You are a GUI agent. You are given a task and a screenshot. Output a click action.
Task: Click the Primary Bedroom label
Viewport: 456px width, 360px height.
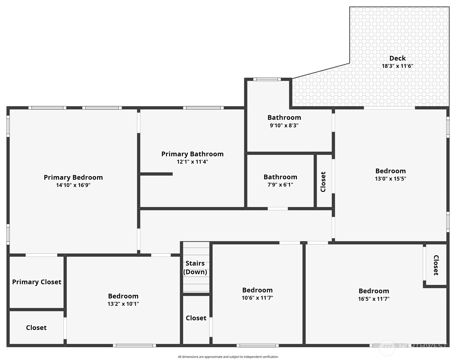pyautogui.click(x=73, y=177)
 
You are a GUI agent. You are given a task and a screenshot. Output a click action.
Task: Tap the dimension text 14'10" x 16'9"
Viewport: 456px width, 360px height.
pyautogui.click(x=73, y=185)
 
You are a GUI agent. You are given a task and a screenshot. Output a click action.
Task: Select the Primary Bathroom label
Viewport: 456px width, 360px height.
pyautogui.click(x=192, y=154)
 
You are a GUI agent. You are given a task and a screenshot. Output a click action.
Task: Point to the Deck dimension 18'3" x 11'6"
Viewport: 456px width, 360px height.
pyautogui.click(x=397, y=66)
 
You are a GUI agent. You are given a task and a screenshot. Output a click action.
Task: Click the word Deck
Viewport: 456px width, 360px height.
pyautogui.click(x=398, y=58)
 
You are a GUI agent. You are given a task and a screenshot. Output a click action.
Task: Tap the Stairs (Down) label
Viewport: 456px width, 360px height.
pyautogui.click(x=195, y=268)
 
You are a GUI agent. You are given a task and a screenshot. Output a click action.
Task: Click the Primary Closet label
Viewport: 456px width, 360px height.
pyautogui.click(x=37, y=282)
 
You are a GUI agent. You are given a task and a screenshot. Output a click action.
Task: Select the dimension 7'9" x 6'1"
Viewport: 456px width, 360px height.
pyautogui.click(x=280, y=185)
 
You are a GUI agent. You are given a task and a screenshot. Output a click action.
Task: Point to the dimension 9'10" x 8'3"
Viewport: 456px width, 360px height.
pyautogui.click(x=284, y=125)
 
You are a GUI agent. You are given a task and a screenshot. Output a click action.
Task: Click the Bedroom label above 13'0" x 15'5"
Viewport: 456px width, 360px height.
pyautogui.click(x=390, y=171)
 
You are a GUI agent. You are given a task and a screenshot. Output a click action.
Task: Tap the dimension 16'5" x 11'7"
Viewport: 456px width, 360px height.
pyautogui.click(x=374, y=299)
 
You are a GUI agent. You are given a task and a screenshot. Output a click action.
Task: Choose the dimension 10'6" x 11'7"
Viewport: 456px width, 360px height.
pyautogui.click(x=257, y=298)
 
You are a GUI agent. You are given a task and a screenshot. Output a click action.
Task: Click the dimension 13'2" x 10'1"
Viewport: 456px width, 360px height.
pyautogui.click(x=123, y=304)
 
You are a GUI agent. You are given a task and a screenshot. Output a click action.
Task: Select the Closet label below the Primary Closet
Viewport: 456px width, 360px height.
pyautogui.click(x=36, y=328)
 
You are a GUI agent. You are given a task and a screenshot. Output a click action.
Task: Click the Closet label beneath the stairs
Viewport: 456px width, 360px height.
pyautogui.click(x=196, y=318)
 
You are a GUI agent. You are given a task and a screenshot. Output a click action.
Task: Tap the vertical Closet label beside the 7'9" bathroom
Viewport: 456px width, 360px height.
pyautogui.click(x=323, y=182)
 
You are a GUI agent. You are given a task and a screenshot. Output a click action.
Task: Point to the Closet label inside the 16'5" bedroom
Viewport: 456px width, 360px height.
pyautogui.click(x=436, y=265)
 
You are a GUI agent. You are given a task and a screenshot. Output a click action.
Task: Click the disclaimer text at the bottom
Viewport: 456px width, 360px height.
pyautogui.click(x=228, y=357)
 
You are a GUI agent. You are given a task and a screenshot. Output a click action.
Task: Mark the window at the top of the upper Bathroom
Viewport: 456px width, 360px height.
pyautogui.click(x=267, y=79)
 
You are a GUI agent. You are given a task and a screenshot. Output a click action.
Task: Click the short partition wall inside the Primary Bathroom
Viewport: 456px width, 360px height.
pyautogui.click(x=156, y=174)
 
